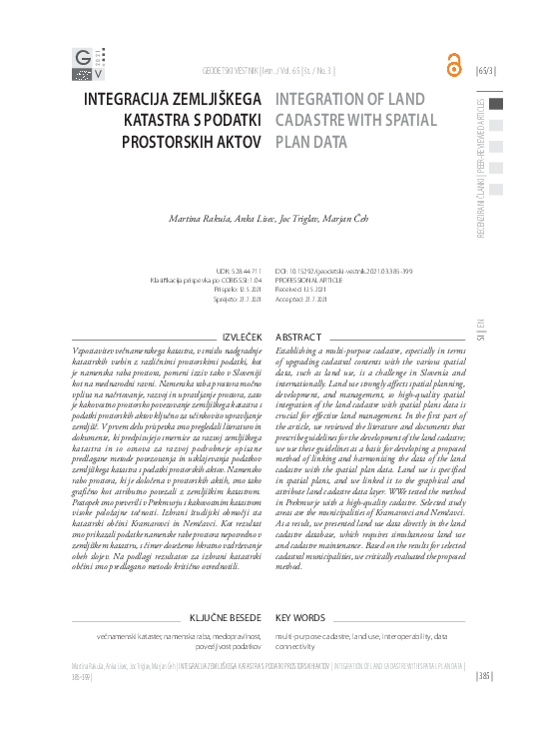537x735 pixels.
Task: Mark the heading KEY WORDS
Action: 300,618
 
